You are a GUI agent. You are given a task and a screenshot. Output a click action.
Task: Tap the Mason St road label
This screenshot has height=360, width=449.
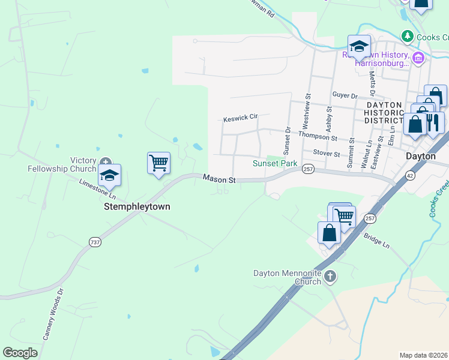click(x=218, y=178)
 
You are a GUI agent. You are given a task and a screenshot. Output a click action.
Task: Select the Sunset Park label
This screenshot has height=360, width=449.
click(x=275, y=163)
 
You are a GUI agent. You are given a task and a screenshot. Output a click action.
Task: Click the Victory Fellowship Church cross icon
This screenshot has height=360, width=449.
click(x=106, y=161)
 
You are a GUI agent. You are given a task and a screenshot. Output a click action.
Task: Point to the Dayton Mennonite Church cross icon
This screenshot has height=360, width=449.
click(x=330, y=277)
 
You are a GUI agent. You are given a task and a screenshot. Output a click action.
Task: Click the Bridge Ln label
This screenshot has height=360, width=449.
click(x=376, y=241)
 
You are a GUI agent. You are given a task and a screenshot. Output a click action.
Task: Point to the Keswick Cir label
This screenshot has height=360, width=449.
click(x=240, y=119)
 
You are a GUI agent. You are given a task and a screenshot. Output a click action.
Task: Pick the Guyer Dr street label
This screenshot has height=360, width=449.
click(x=345, y=96)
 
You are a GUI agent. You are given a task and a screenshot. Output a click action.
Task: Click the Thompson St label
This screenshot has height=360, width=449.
click(x=318, y=136)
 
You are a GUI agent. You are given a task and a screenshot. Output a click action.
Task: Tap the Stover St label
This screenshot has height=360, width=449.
click(x=327, y=154)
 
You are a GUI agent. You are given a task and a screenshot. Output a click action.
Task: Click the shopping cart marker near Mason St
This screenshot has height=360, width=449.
click(x=158, y=163)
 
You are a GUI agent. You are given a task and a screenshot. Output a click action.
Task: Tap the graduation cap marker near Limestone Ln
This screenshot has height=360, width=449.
click(x=109, y=175)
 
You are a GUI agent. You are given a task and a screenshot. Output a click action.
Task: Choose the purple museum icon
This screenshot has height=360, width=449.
click(x=419, y=58)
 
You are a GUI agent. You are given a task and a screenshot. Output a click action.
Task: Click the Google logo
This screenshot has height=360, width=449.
click(x=20, y=353)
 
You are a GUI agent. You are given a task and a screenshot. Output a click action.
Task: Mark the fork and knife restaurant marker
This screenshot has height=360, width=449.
click(x=433, y=122)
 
